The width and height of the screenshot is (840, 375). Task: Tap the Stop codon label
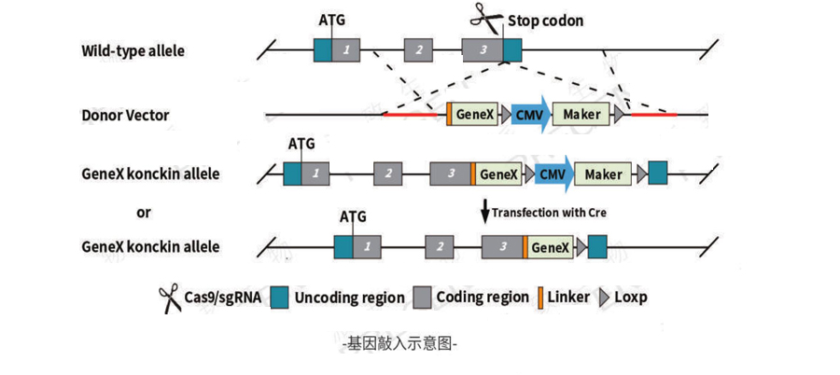pyautogui.click(x=546, y=21)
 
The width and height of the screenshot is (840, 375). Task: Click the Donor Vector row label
pyautogui.click(x=125, y=116)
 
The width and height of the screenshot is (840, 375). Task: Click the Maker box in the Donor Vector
pyautogui.click(x=581, y=115)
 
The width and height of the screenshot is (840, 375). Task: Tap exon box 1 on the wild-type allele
pyautogui.click(x=346, y=50)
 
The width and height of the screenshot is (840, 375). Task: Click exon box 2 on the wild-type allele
pyautogui.click(x=419, y=50)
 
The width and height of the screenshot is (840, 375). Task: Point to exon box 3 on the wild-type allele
pyautogui.click(x=483, y=50)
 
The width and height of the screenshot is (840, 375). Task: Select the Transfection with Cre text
pyautogui.click(x=550, y=213)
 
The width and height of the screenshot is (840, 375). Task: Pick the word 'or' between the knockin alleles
pyautogui.click(x=143, y=212)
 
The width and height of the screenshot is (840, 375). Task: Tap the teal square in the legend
pyautogui.click(x=278, y=298)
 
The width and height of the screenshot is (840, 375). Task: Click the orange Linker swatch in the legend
pyautogui.click(x=539, y=298)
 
